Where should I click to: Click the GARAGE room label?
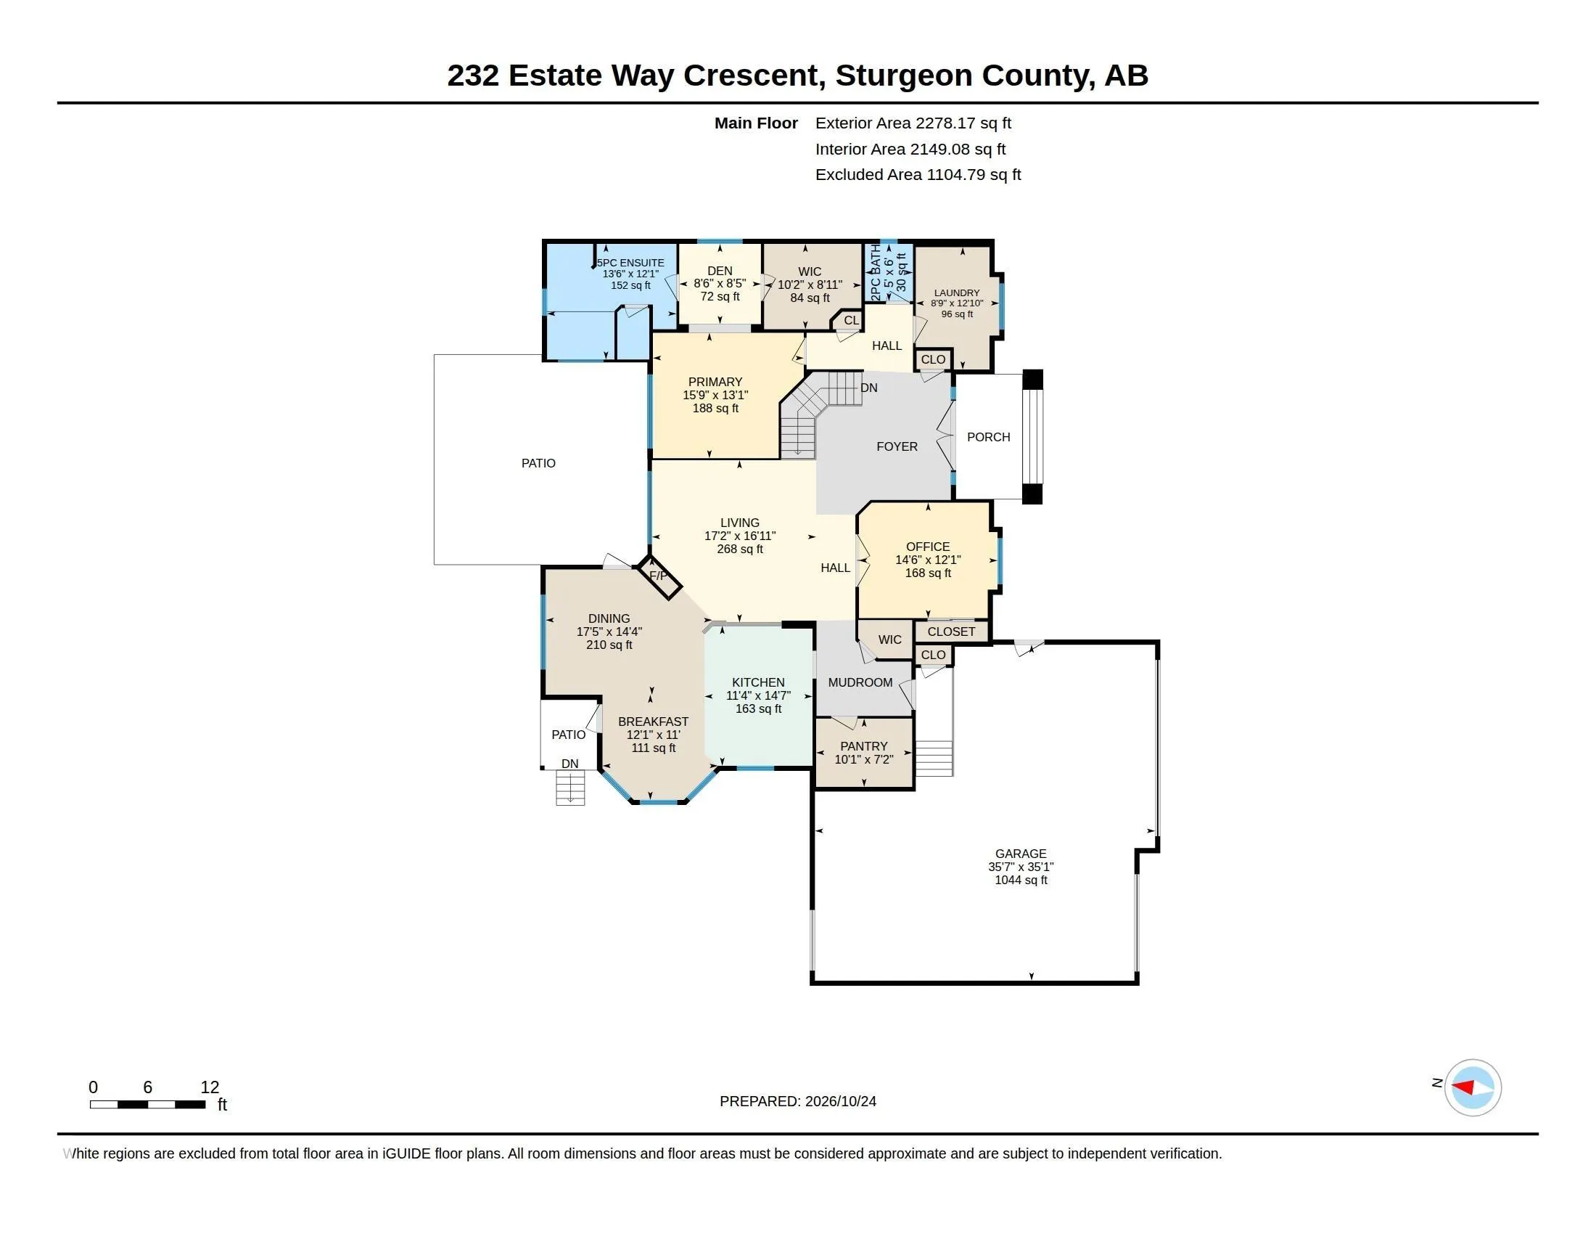coord(1020,853)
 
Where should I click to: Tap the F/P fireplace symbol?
coord(658,576)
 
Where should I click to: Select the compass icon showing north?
coord(1473,1087)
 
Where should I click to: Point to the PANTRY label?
coord(864,745)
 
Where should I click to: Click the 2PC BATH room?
coord(889,272)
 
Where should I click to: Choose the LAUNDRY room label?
coord(957,293)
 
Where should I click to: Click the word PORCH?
coord(988,436)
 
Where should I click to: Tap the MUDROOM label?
coord(860,682)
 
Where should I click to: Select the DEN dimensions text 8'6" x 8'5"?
coord(719,283)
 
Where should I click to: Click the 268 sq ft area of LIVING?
coord(739,549)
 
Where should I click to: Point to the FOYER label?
coord(897,446)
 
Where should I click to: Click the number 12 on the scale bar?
coord(210,1087)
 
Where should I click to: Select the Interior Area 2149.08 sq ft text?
coord(910,149)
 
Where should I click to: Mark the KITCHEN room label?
coord(758,682)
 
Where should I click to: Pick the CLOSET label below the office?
coord(951,632)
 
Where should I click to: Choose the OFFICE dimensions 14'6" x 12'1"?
coord(927,559)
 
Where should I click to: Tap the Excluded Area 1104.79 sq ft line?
coord(918,175)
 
